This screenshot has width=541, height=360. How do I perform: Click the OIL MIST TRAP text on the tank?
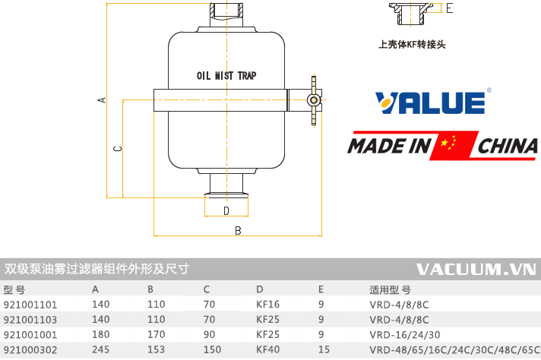226,77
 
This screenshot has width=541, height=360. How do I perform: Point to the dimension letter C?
117,149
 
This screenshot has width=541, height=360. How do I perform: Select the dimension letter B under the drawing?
238,229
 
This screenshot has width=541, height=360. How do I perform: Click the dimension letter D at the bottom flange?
226,210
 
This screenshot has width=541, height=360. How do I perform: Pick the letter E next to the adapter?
450,8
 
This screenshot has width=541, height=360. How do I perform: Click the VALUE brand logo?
430,103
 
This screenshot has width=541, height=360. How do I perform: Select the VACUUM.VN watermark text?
476,269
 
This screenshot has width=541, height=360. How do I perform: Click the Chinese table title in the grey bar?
96,269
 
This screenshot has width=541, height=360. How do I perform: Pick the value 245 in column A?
101,350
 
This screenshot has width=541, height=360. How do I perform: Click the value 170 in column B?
156,334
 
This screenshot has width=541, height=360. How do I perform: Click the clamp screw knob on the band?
312,99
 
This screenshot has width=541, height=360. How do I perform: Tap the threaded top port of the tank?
226,13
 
